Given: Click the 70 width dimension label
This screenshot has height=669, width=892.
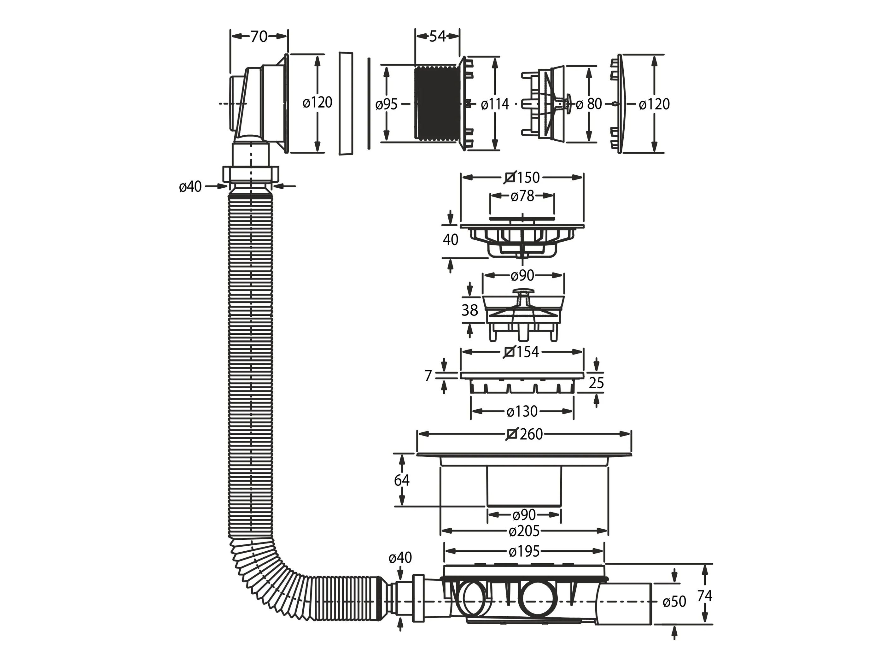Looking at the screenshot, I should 259,37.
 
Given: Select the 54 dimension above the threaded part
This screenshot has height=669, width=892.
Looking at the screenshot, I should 437,37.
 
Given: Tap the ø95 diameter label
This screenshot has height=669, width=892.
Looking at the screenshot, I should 386,104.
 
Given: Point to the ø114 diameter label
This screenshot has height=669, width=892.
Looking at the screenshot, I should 494,104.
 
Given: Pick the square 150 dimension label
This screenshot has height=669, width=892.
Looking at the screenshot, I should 522,178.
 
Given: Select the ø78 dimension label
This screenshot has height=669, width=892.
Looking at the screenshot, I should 522,196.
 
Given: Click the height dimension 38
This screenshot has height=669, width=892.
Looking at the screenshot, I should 470,310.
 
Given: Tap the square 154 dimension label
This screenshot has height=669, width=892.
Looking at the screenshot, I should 522,352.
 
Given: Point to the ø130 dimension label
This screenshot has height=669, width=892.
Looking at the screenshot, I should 522,412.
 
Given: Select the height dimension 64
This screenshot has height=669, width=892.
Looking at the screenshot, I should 402,480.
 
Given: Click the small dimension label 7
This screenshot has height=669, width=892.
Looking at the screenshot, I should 428,376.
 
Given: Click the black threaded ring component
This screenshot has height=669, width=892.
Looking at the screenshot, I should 436,104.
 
